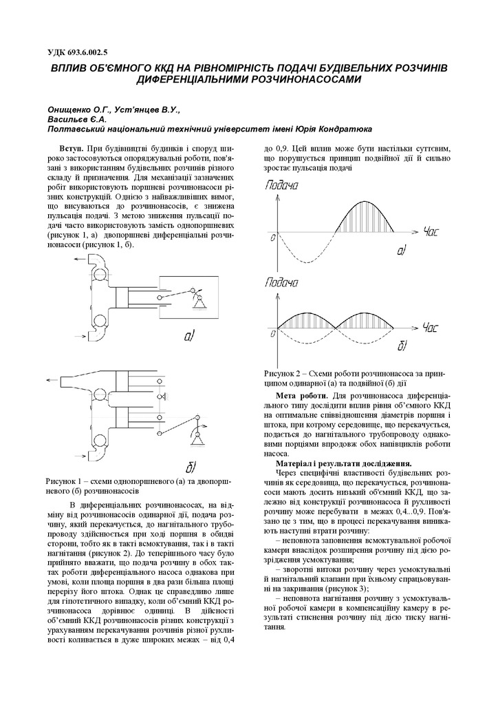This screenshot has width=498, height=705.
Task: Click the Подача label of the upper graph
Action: (x=282, y=185)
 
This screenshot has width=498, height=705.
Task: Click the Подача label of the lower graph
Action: (x=282, y=282)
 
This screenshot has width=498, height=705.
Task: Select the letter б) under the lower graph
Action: (x=403, y=344)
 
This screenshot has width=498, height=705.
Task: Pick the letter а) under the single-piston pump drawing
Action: (x=191, y=335)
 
